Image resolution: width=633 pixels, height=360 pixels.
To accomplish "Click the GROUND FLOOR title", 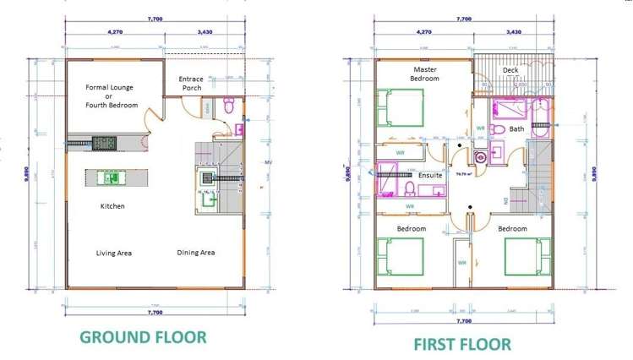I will click(143, 336).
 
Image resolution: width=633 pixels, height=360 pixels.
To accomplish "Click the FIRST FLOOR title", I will click(461, 344).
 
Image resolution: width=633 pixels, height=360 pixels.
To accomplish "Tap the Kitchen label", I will click(113, 205).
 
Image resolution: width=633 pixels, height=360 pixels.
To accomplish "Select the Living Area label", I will click(113, 253).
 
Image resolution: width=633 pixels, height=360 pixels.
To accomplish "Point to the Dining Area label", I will click(195, 253).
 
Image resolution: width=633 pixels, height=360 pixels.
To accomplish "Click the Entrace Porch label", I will click(191, 83).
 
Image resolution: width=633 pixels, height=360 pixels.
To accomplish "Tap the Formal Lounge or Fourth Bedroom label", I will click(112, 95).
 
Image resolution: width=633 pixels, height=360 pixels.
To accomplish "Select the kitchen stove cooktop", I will click(104, 143).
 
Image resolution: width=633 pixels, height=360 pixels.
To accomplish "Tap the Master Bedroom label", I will click(425, 74).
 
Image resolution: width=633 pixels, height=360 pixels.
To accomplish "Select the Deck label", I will click(510, 70).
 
